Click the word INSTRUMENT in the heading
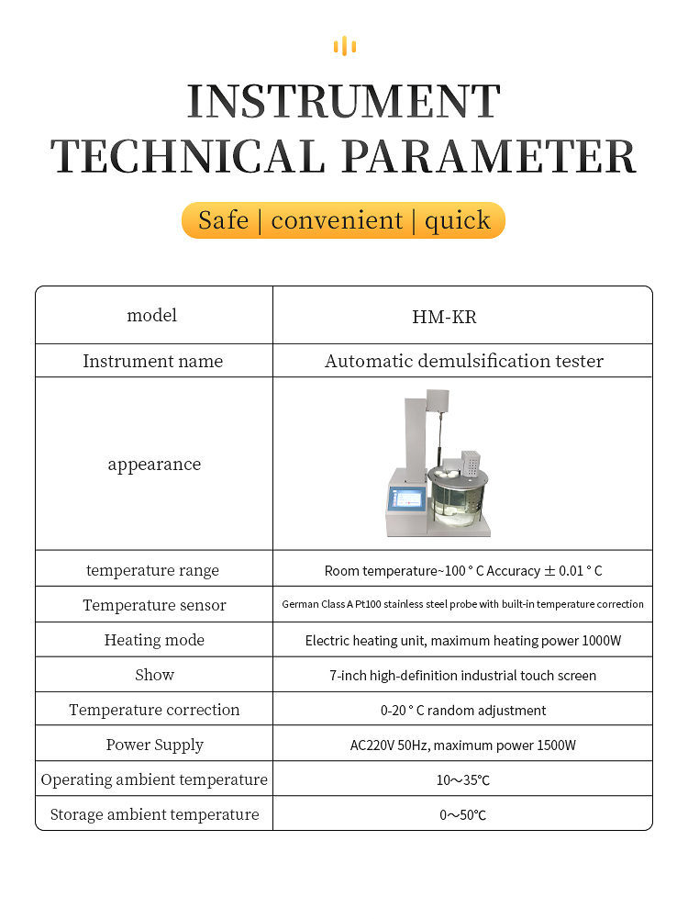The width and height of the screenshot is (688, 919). (x=344, y=101)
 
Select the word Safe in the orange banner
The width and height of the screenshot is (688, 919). (x=223, y=220)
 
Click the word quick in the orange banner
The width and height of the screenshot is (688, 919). (x=457, y=220)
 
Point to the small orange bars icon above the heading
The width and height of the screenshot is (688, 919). (x=344, y=46)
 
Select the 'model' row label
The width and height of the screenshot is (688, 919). (x=152, y=316)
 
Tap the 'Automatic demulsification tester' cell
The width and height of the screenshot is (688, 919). (x=463, y=361)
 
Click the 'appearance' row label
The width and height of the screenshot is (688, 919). (x=154, y=465)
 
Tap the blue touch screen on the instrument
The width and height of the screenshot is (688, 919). (x=407, y=501)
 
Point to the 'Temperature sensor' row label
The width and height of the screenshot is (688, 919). (x=154, y=605)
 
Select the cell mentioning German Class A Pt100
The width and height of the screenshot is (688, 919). (x=463, y=604)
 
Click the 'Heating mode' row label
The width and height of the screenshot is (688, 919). (x=154, y=640)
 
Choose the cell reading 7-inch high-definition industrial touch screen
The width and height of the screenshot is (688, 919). (x=463, y=675)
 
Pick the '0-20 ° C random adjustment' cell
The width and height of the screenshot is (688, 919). (x=463, y=710)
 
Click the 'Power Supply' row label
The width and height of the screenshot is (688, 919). (x=154, y=745)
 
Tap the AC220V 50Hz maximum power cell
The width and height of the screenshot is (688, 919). (x=463, y=745)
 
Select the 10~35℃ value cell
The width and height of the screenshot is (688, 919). (x=463, y=779)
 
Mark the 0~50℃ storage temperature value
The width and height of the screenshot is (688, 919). (x=463, y=814)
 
